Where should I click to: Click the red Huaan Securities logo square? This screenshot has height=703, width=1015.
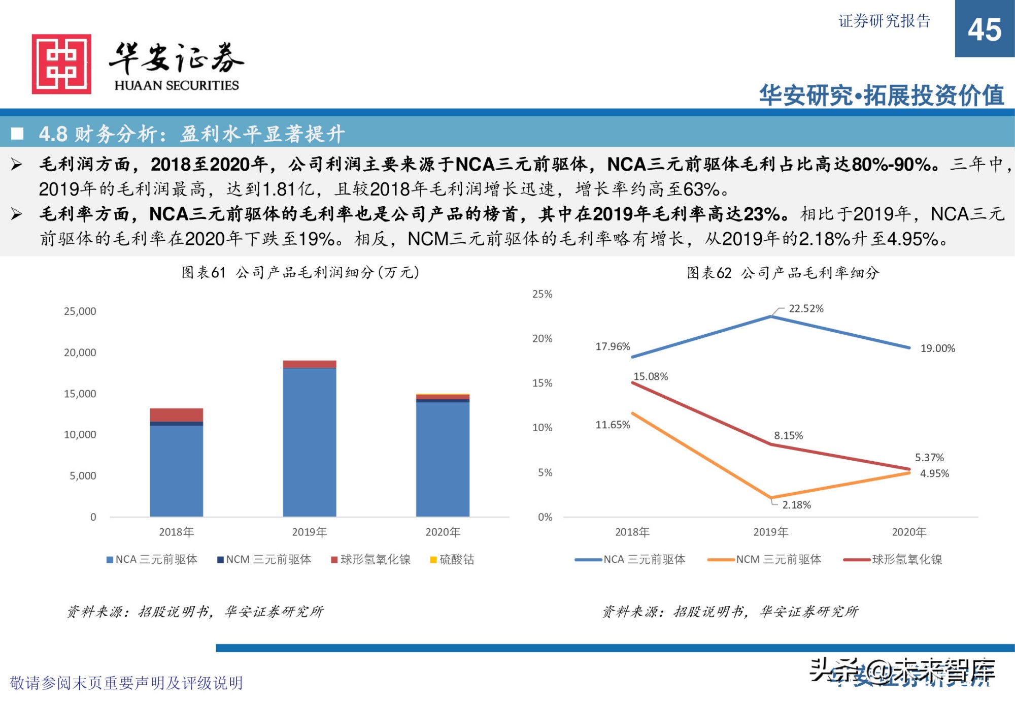point(61,64)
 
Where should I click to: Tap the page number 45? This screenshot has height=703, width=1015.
point(984,29)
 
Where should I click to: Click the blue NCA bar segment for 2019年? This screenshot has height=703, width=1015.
point(309,442)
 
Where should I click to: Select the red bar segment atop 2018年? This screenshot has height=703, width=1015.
point(176,414)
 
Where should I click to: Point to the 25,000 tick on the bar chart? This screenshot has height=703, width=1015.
point(80,311)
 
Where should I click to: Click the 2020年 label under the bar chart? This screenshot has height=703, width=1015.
point(443,532)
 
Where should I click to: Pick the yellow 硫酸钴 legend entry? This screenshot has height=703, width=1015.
point(452,559)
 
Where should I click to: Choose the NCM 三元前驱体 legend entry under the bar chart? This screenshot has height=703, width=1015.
point(264,559)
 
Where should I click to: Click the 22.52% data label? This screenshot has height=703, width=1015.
point(806,308)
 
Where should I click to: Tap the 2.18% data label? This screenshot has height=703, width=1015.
point(796,505)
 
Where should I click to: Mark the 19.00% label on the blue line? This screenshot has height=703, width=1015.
point(937,348)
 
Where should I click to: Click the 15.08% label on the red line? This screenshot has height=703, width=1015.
point(651,376)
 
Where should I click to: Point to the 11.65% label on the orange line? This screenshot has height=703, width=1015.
point(613,425)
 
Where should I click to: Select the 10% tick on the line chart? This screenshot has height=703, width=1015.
point(542,428)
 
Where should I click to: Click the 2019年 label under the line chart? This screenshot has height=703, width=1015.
point(770,532)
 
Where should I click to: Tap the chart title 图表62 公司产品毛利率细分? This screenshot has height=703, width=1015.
point(783,273)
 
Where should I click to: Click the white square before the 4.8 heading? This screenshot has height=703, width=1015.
point(17,134)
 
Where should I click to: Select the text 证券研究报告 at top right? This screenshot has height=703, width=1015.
point(884,21)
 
